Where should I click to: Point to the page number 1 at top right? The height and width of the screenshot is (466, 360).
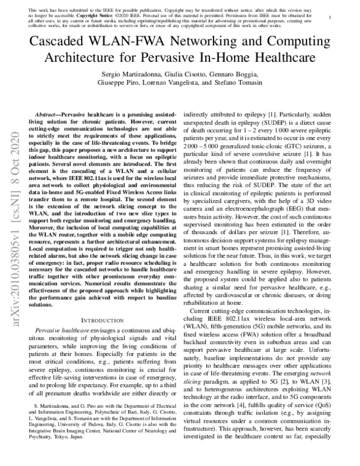(340, 18)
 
